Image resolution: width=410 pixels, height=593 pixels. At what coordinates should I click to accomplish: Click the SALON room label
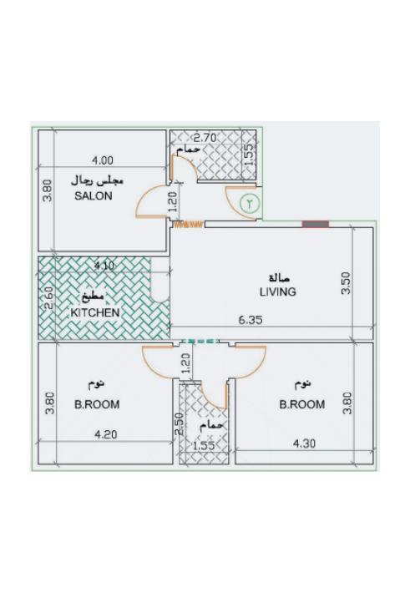[94, 196]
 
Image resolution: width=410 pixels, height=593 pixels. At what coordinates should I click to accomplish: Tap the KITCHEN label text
[95, 312]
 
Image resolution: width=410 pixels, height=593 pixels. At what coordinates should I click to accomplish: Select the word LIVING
[278, 292]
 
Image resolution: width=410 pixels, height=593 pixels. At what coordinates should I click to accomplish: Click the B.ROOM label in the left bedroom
[97, 405]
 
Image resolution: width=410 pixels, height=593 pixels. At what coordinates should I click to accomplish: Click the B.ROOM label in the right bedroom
[302, 405]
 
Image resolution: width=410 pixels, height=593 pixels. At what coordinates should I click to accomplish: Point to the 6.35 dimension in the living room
[251, 320]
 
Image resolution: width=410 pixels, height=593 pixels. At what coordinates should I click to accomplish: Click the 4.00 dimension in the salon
[103, 160]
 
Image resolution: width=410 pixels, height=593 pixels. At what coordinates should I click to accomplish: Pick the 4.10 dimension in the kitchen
[104, 266]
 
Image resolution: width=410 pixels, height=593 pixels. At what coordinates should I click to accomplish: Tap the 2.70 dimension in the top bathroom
[205, 138]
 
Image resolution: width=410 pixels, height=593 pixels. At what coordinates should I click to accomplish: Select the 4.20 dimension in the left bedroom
[105, 434]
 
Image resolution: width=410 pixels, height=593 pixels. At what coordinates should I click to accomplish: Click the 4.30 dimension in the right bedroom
[305, 443]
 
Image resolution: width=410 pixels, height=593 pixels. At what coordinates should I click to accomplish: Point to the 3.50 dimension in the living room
[347, 283]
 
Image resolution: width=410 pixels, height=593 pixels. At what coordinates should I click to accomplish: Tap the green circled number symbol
[250, 203]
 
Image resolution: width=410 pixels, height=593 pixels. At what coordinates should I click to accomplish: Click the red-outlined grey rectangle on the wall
[316, 225]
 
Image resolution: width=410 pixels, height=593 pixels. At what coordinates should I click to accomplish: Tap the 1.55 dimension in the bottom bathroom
[204, 446]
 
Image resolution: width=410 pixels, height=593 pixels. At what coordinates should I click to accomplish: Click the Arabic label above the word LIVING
[279, 278]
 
